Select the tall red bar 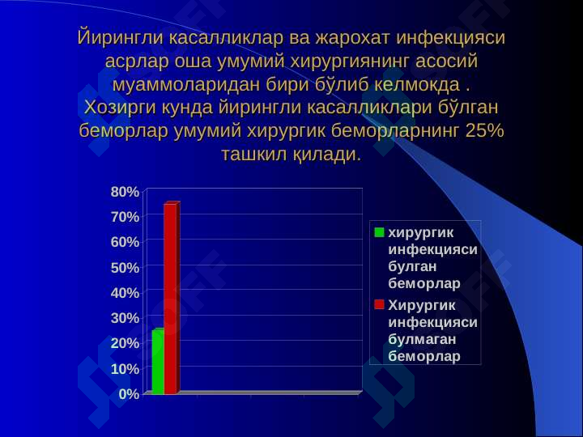click(x=172, y=298)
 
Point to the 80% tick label click(x=125, y=192)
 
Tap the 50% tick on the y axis click(x=125, y=268)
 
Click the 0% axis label click(x=129, y=394)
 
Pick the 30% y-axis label click(x=125, y=318)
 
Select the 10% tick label click(x=125, y=369)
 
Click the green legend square click(x=379, y=232)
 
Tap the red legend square click(x=379, y=305)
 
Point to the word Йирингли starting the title click(x=120, y=38)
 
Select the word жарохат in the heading click(x=353, y=38)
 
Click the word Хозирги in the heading click(x=120, y=108)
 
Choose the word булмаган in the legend click(x=422, y=339)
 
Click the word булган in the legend click(x=412, y=266)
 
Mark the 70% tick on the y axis click(x=125, y=217)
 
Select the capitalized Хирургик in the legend click(x=422, y=305)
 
